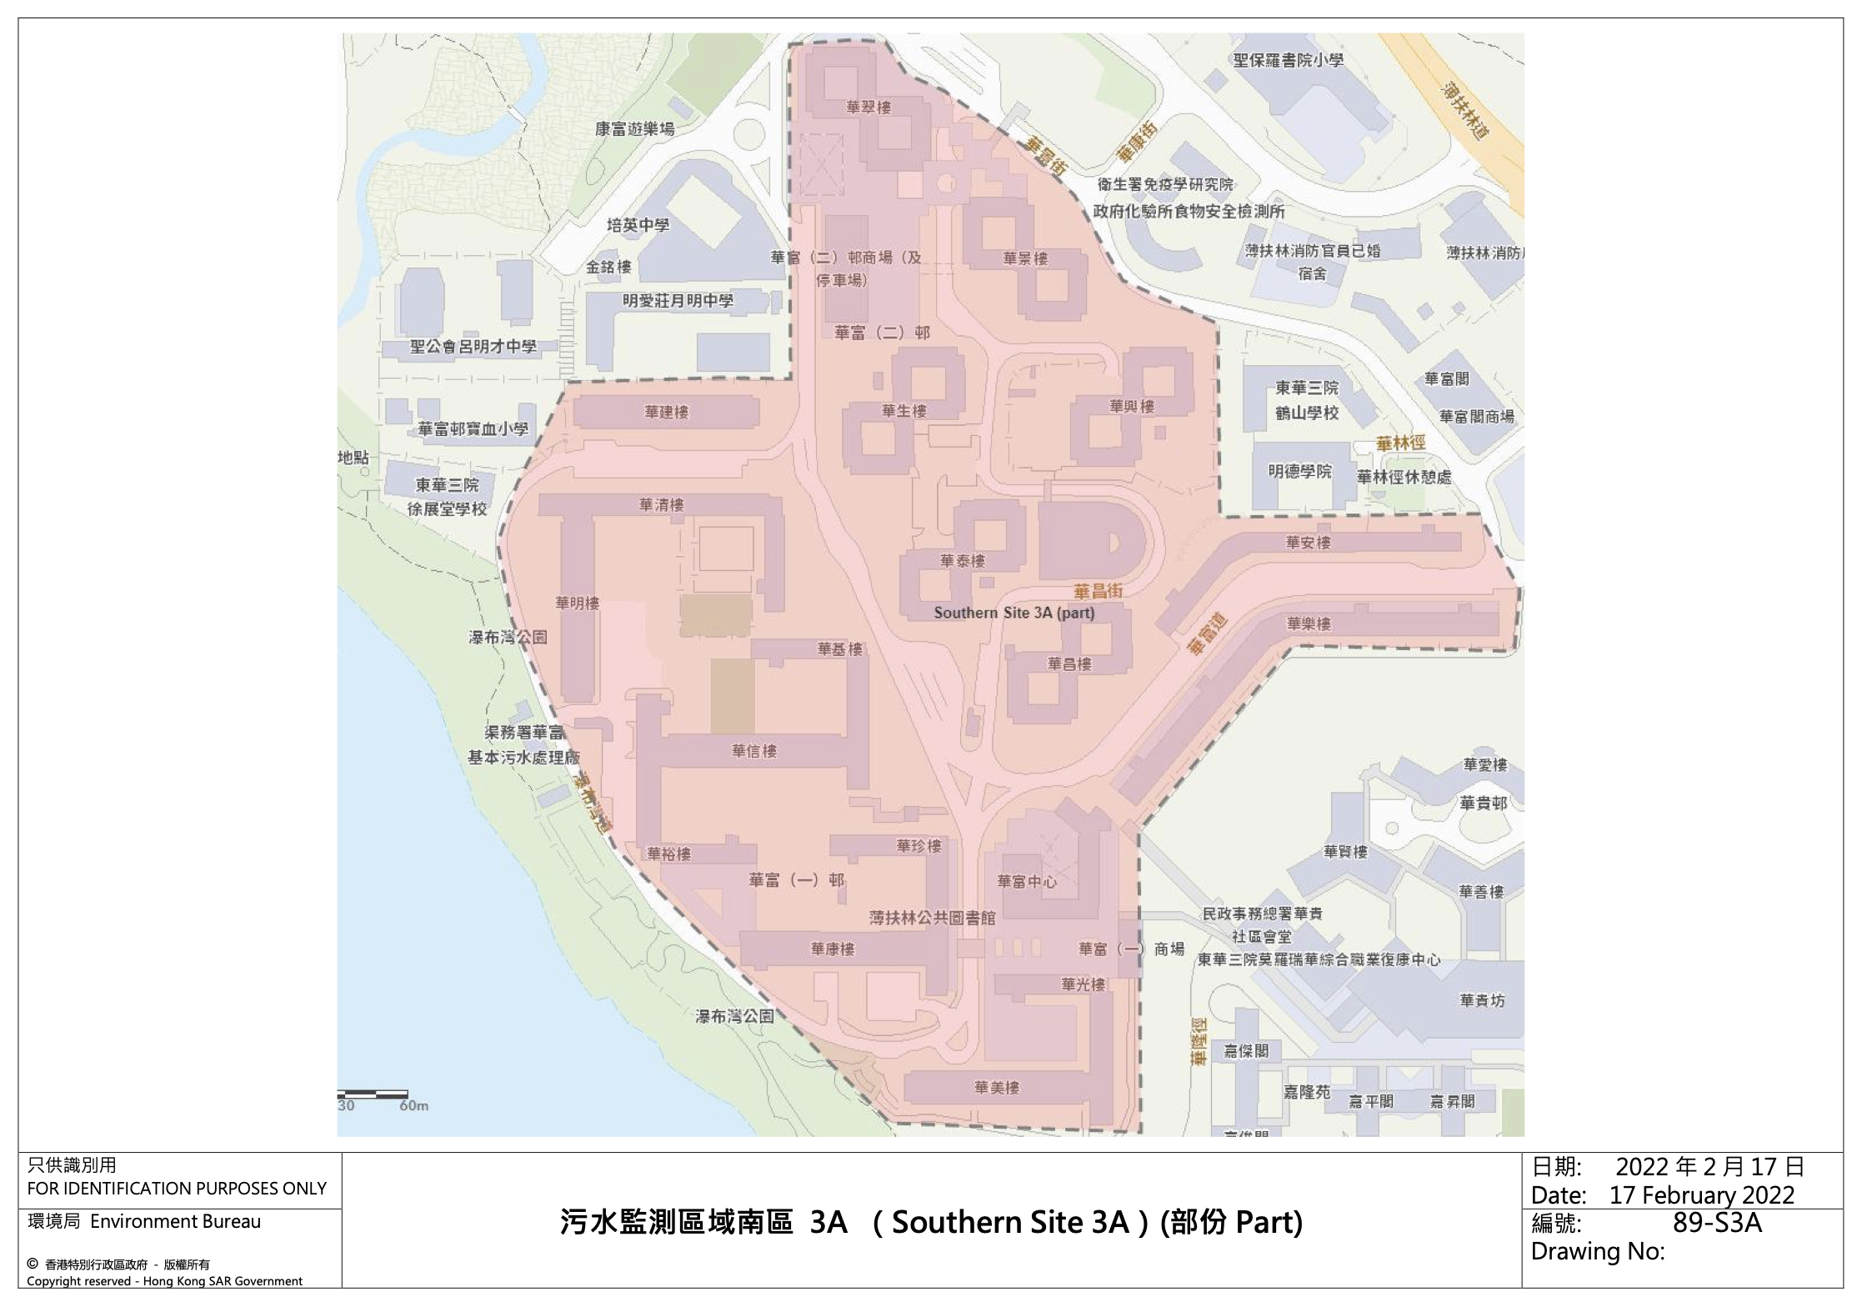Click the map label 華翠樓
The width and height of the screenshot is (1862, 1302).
[868, 108]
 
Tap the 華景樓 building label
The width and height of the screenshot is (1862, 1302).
[1025, 258]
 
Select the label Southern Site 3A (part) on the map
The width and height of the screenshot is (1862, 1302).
[1014, 613]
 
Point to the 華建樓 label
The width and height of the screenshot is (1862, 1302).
[667, 412]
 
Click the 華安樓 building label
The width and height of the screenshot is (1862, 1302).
[1308, 543]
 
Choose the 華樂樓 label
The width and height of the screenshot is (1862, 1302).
[1309, 623]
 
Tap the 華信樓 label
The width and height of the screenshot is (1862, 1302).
[754, 751]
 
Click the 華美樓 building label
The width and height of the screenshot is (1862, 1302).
[997, 1087]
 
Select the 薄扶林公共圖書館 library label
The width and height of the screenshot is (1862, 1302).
[933, 918]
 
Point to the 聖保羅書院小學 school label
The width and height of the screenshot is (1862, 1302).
[1289, 60]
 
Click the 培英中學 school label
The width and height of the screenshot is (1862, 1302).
[638, 225]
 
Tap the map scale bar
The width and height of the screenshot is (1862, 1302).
[373, 1094]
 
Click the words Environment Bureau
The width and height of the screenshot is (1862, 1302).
[175, 1221]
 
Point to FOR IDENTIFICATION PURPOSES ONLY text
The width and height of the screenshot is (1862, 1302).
[177, 1188]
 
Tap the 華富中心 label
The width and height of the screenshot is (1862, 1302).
[1027, 881]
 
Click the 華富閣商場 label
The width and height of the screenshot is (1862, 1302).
[1476, 416]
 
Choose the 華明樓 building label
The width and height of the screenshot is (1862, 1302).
[578, 603]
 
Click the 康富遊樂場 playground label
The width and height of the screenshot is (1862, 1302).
[634, 128]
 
